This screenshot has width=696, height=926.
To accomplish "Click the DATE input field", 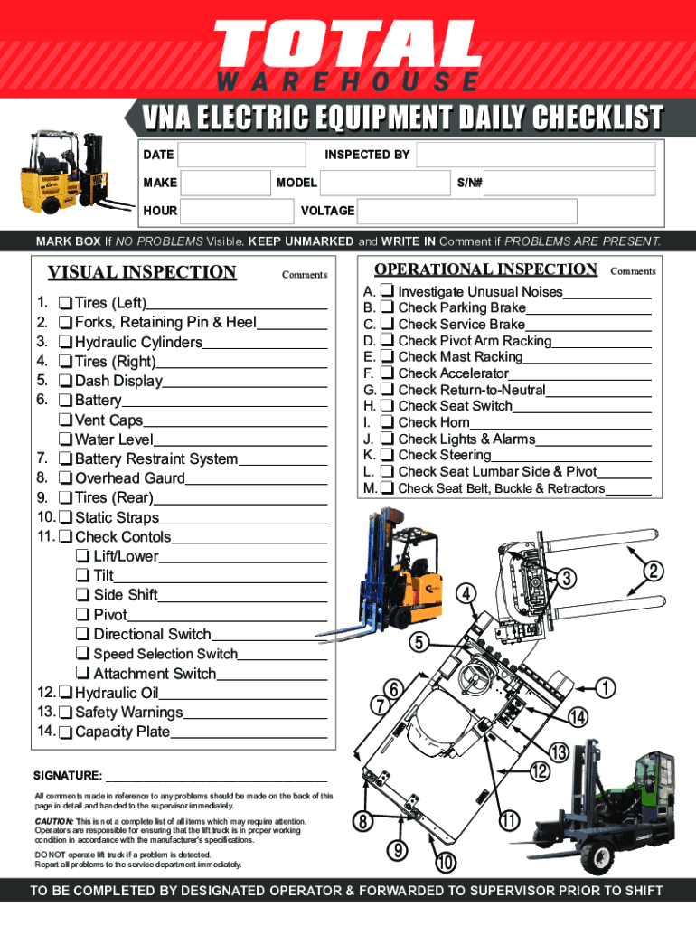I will tap(240, 155).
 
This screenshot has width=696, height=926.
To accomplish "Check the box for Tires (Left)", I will tap(66, 303).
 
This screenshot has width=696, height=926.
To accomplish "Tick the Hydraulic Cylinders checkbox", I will tap(66, 343).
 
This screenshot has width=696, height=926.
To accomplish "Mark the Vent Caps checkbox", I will tap(66, 420).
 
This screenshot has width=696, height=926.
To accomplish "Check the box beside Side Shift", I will tap(83, 595).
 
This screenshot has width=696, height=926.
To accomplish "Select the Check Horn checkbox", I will tap(387, 422).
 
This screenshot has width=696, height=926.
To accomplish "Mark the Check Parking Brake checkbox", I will tap(387, 308).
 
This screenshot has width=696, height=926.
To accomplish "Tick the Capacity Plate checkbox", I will tap(66, 732).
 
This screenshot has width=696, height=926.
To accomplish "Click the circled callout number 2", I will tap(654, 572).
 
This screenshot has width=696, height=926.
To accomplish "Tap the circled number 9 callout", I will tap(397, 850).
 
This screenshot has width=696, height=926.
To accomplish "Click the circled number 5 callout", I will tap(417, 643).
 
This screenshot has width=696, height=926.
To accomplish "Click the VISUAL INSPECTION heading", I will tap(142, 272).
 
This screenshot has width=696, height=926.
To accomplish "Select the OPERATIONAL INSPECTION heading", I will tap(485, 269).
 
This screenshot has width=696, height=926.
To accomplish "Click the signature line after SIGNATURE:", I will tap(216, 777).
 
